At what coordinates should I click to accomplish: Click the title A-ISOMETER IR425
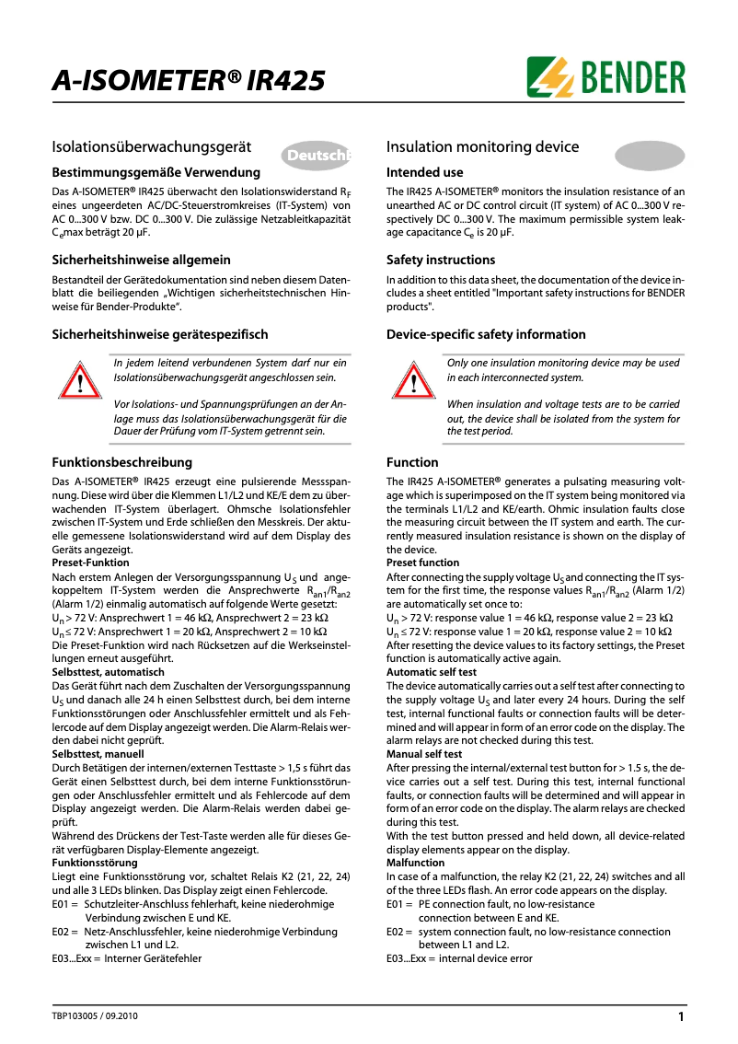tap(188, 82)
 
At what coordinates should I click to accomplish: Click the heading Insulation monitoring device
tap(482, 147)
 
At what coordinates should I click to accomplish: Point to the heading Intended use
tap(424, 172)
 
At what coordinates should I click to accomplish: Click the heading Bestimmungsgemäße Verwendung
tap(156, 172)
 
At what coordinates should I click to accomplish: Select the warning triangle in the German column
tap(80, 381)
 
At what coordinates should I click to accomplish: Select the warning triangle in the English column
tap(413, 381)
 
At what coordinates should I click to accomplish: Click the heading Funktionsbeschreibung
tap(121, 462)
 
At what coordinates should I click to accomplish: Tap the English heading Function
tap(412, 462)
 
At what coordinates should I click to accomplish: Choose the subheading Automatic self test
tap(431, 673)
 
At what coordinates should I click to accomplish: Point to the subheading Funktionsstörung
tap(95, 863)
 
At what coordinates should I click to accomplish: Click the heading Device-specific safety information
tap(486, 334)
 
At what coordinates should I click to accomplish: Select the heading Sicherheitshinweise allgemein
tap(141, 260)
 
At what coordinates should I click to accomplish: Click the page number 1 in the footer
tap(680, 1017)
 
